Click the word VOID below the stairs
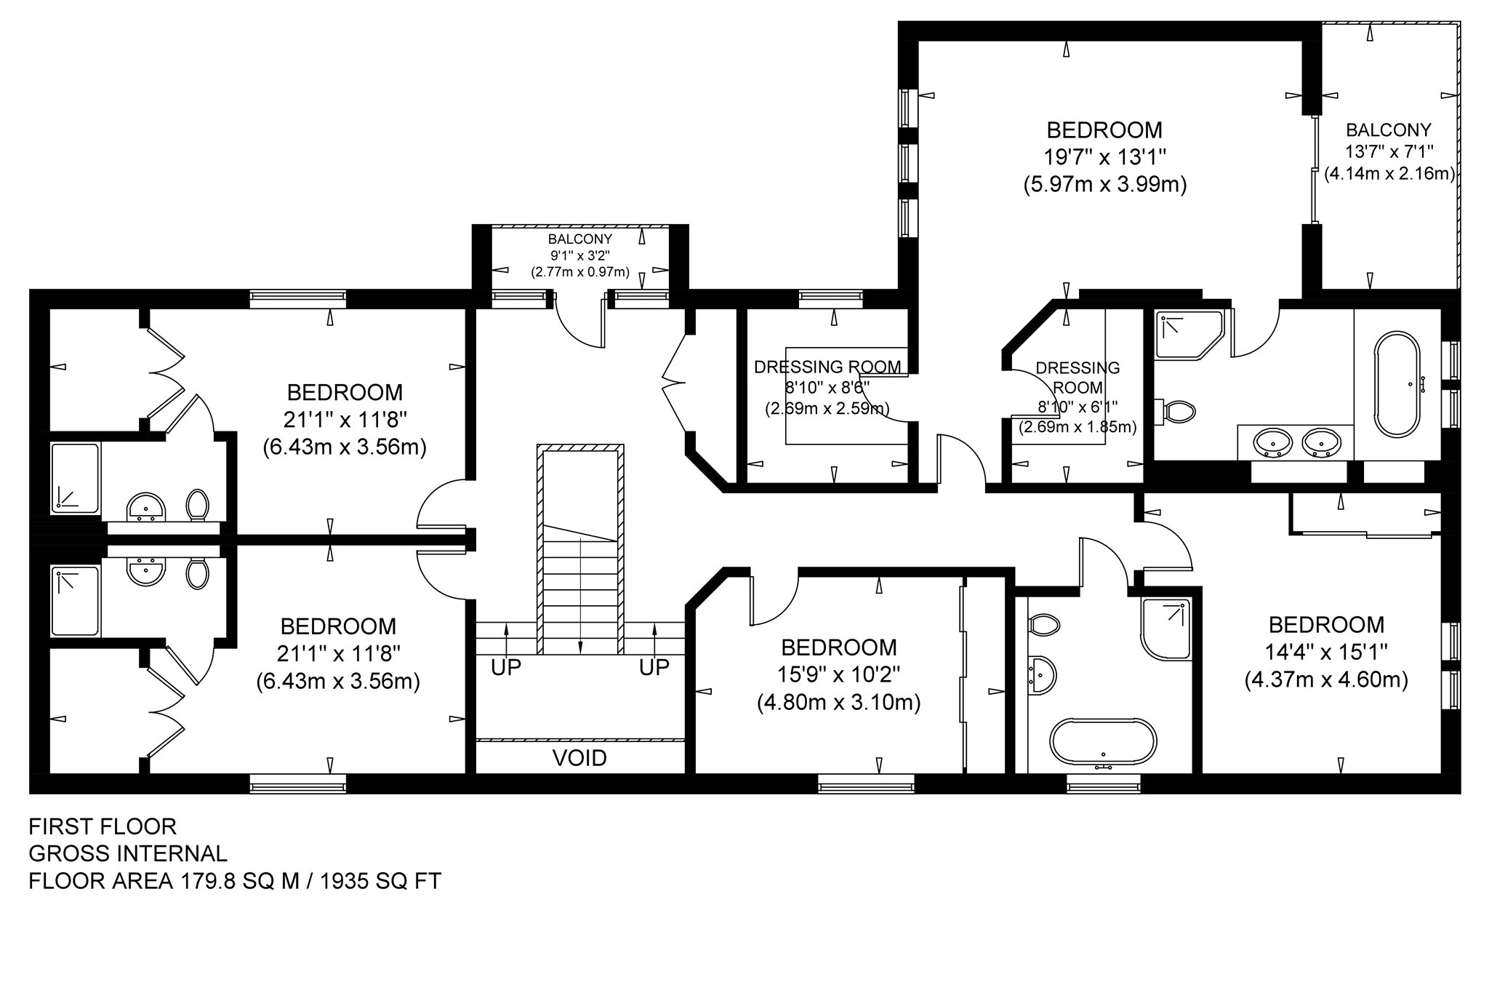[579, 758]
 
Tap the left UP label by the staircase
[506, 667]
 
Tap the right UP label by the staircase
[654, 667]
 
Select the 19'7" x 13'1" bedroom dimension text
[1104, 157]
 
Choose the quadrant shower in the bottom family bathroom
[1166, 628]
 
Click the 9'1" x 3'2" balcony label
[580, 255]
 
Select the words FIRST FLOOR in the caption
[103, 826]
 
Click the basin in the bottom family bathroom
[1042, 675]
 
